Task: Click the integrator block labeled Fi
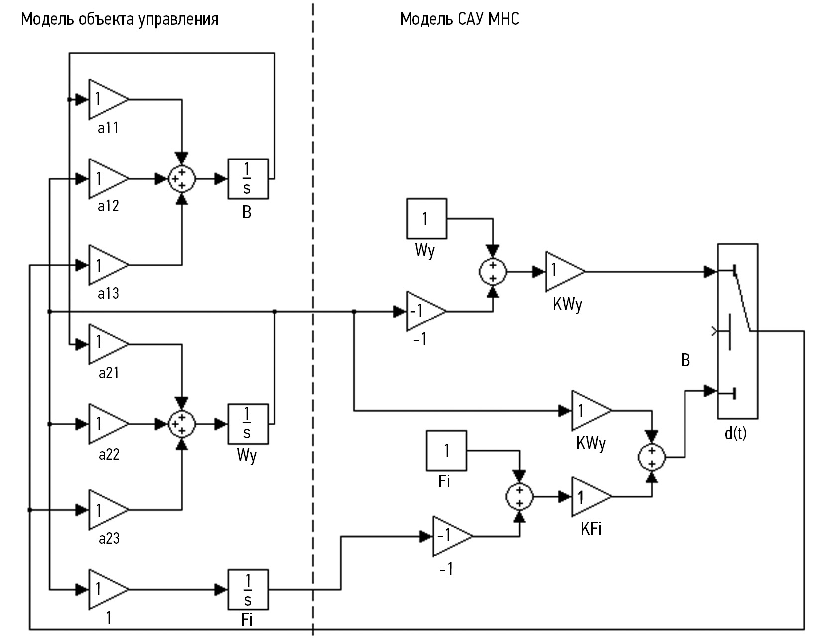[x=248, y=590]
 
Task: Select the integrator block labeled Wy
[x=248, y=424]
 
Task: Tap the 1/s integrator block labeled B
[x=248, y=179]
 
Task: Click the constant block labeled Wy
[x=426, y=219]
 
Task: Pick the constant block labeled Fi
[x=446, y=451]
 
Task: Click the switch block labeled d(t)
[x=737, y=331]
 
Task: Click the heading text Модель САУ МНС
[x=459, y=19]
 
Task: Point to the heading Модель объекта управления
[x=120, y=19]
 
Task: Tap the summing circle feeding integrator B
[x=182, y=179]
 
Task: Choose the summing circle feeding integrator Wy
[x=182, y=424]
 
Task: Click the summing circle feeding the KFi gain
[x=519, y=497]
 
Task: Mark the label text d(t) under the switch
[x=735, y=433]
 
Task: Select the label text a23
[x=109, y=538]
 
